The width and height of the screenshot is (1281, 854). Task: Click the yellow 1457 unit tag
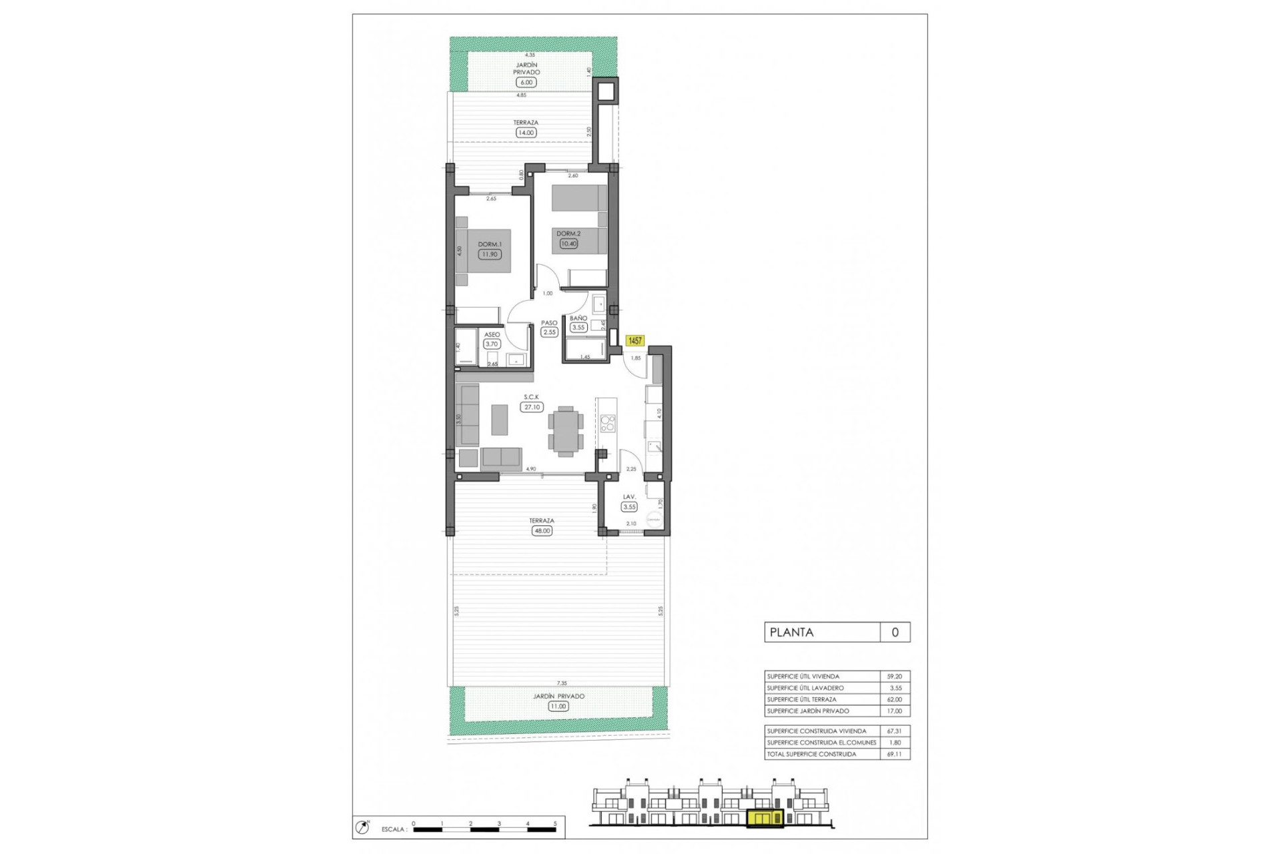pyautogui.click(x=634, y=341)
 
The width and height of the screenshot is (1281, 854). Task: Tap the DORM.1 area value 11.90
pyautogui.click(x=489, y=254)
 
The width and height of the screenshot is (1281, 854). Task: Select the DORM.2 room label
pyautogui.click(x=568, y=234)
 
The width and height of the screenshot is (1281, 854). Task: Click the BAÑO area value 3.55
pyautogui.click(x=578, y=327)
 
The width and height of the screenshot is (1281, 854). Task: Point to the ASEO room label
pyautogui.click(x=492, y=334)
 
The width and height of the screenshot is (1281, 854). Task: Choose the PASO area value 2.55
pyautogui.click(x=549, y=332)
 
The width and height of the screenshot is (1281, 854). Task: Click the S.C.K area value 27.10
pyautogui.click(x=532, y=407)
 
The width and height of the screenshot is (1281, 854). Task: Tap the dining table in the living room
pyautogui.click(x=566, y=431)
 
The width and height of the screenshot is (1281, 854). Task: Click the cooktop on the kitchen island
pyautogui.click(x=607, y=423)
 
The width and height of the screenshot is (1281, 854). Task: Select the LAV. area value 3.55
pyautogui.click(x=629, y=507)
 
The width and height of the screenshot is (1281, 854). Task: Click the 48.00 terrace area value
pyautogui.click(x=542, y=531)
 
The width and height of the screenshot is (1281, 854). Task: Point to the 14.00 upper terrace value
pyautogui.click(x=526, y=133)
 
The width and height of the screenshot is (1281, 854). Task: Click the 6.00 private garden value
pyautogui.click(x=526, y=83)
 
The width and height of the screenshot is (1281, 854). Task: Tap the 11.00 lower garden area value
pyautogui.click(x=558, y=706)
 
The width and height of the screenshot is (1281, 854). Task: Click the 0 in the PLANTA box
pyautogui.click(x=895, y=632)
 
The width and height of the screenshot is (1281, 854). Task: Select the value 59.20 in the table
pyautogui.click(x=894, y=677)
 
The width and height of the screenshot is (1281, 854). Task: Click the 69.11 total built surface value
pyautogui.click(x=894, y=755)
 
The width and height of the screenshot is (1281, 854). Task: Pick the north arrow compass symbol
pyautogui.click(x=363, y=827)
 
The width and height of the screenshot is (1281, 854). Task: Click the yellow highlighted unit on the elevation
pyautogui.click(x=766, y=819)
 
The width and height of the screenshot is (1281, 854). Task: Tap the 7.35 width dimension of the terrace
pyautogui.click(x=562, y=683)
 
